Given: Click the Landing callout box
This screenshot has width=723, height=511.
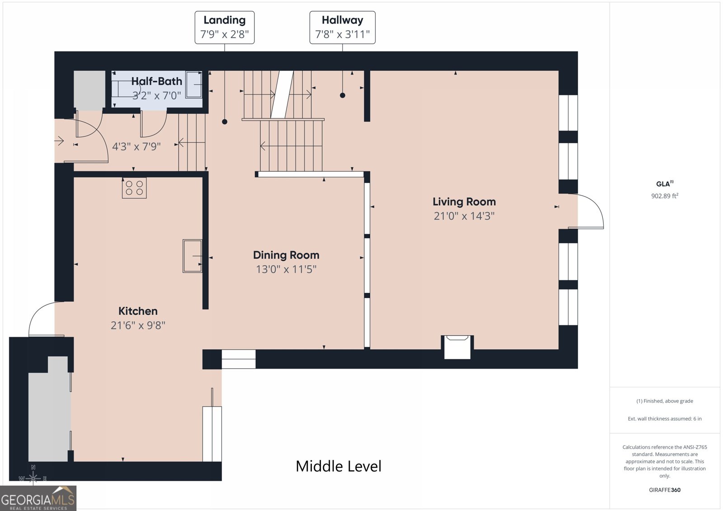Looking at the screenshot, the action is pos(224,28).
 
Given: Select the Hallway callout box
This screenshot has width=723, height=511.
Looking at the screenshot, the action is pos(343,28).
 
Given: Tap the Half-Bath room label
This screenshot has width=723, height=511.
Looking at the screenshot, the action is pos(156,81).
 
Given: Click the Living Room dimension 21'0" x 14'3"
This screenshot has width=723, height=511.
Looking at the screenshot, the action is pos(464,216).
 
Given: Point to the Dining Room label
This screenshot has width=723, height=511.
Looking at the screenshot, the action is pos(286,255).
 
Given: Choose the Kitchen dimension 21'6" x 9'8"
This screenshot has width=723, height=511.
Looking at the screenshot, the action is pos(138,325).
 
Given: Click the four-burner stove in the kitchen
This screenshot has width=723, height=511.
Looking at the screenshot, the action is pos(134,188).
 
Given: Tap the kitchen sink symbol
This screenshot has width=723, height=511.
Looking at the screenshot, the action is pos(192,256).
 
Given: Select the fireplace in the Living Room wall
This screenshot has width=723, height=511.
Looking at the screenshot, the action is pos(457,347).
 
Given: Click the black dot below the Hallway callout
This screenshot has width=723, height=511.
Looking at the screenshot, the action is pos(343,95).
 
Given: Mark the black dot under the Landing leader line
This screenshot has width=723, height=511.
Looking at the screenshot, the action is pos(225,122).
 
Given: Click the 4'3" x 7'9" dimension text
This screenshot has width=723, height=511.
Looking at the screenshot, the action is pos(136,146).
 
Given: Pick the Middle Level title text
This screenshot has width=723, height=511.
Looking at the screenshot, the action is pos(338,466).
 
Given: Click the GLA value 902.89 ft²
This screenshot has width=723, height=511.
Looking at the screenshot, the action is pos(665,196).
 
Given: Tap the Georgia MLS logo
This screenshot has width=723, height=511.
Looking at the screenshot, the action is pos(38,498).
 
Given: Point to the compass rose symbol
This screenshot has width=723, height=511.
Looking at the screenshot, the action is pos(33,477).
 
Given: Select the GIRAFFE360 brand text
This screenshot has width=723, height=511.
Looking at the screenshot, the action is pos(665,490).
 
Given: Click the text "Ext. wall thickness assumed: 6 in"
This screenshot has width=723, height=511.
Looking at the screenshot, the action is pos(665,419).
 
